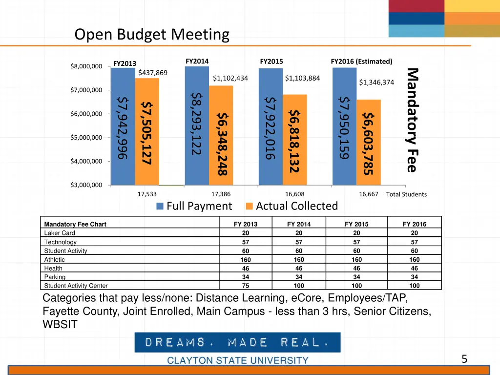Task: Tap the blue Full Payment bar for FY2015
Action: coord(271,127)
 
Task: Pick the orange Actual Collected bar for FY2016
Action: coord(369,142)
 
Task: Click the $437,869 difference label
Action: coord(153,73)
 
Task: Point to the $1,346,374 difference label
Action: coord(376,82)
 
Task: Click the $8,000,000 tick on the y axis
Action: coord(86,66)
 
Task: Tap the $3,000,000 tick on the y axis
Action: coord(86,185)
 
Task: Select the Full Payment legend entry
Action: coord(194,206)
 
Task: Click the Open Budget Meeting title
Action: coord(152,35)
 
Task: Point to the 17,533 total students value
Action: coord(147,194)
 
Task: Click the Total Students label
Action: coord(406,194)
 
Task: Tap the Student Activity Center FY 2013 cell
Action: coord(246,286)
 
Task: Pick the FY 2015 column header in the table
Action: coord(356,224)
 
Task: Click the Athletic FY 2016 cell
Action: coord(414,260)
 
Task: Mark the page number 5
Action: coord(464,359)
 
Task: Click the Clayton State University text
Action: coord(238,360)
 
